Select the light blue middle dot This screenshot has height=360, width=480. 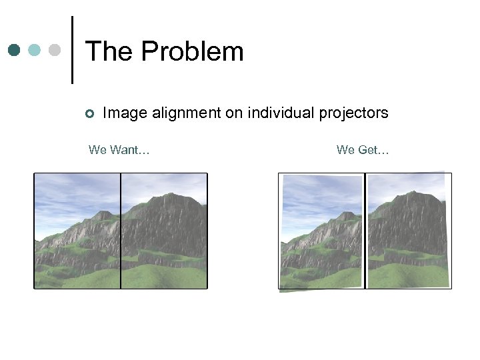(35, 50)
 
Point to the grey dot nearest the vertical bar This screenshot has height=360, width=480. (55, 50)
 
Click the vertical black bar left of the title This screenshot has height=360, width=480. (72, 50)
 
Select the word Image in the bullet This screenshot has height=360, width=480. (125, 113)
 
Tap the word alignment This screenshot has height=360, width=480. (186, 113)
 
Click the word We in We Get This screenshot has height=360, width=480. (345, 150)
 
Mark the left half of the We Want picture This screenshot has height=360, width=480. (78, 231)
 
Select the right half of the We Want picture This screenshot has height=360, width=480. (164, 231)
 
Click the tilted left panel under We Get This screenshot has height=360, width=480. (322, 232)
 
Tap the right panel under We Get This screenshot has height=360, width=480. (409, 231)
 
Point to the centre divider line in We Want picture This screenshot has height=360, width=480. (121, 231)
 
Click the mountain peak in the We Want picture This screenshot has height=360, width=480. (175, 198)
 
